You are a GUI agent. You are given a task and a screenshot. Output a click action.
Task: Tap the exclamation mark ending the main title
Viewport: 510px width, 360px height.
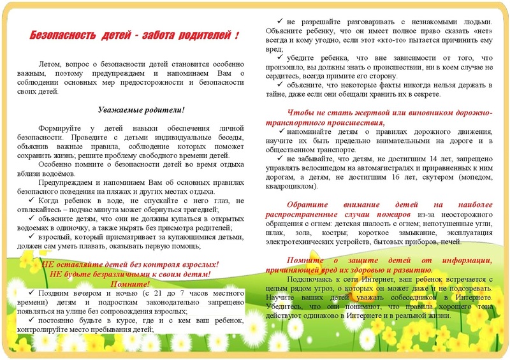click(x=237, y=34)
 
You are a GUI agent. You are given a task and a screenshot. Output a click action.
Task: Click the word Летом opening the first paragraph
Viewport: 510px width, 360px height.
click(x=50, y=65)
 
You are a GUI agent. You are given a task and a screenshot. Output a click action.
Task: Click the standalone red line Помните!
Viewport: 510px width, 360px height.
click(x=130, y=283)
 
